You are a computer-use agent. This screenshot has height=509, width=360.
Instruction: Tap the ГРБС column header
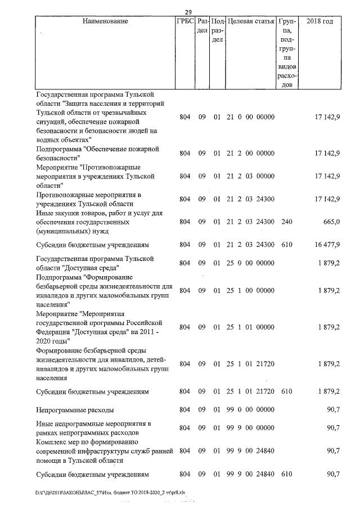coord(184,21)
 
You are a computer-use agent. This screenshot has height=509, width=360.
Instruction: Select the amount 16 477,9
coord(327,245)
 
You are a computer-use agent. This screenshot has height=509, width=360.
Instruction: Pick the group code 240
coord(287,222)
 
